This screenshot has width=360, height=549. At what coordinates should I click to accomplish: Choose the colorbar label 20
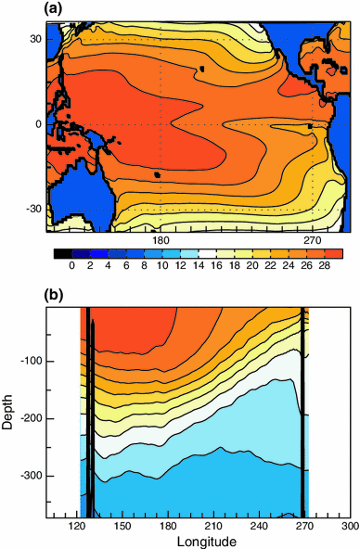click(251, 265)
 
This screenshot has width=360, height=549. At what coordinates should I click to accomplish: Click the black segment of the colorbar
click(62, 252)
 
